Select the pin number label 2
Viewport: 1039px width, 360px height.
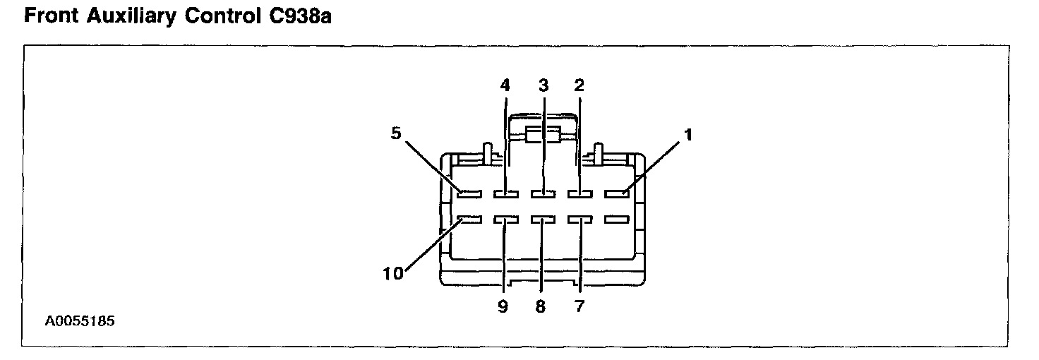point(579,86)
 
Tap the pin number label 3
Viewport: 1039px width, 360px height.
point(543,86)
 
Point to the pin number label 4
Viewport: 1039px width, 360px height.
point(505,86)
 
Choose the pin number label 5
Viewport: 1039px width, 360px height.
point(397,133)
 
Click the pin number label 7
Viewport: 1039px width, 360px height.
point(579,308)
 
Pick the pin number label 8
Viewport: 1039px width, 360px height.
point(541,308)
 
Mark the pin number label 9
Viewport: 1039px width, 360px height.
point(503,308)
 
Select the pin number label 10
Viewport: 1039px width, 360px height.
point(392,273)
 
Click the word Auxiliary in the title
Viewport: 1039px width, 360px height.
point(131,18)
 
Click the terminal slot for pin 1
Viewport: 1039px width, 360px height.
point(616,193)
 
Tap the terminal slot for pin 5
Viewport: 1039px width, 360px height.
point(469,193)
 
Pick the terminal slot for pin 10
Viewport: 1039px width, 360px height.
point(469,220)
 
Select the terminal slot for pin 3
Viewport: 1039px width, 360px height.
point(543,193)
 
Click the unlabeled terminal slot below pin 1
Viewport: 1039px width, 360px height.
point(616,220)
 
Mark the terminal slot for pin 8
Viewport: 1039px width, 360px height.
point(543,220)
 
